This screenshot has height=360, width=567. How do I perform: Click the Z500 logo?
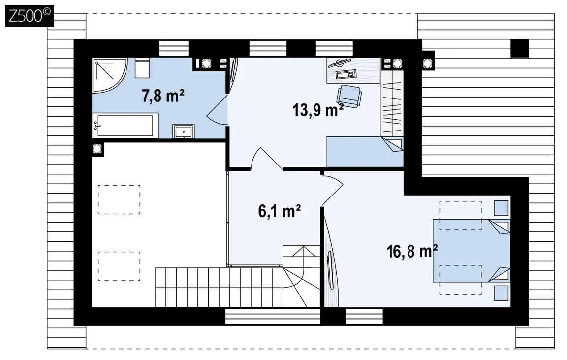pos(30,16)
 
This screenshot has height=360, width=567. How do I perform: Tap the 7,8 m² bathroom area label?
pos(163,96)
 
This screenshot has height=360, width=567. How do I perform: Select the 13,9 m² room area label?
pos(317,110)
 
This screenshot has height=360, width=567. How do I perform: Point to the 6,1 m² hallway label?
pos(279,211)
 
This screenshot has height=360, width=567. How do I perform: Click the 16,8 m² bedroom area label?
pos(412,251)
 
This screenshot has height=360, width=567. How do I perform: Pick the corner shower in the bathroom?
pos(108,74)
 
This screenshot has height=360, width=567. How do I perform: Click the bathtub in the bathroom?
pos(125,126)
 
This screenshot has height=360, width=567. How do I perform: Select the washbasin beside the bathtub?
pos(183,131)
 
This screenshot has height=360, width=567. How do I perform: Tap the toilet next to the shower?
pos(142,67)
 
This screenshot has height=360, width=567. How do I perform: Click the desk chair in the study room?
pos(349,96)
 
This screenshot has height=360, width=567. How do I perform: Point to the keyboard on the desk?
pos(346,74)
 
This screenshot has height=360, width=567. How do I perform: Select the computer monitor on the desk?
pos(339,64)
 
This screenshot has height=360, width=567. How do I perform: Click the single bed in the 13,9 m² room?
pos(365,152)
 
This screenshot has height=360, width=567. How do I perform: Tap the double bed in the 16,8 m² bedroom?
pos(472,250)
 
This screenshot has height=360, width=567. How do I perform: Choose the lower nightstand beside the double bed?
pos(501,293)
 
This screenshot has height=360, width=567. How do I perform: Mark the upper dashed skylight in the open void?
pos(119,199)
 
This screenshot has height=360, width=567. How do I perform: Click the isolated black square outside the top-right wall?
pos(520,48)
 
